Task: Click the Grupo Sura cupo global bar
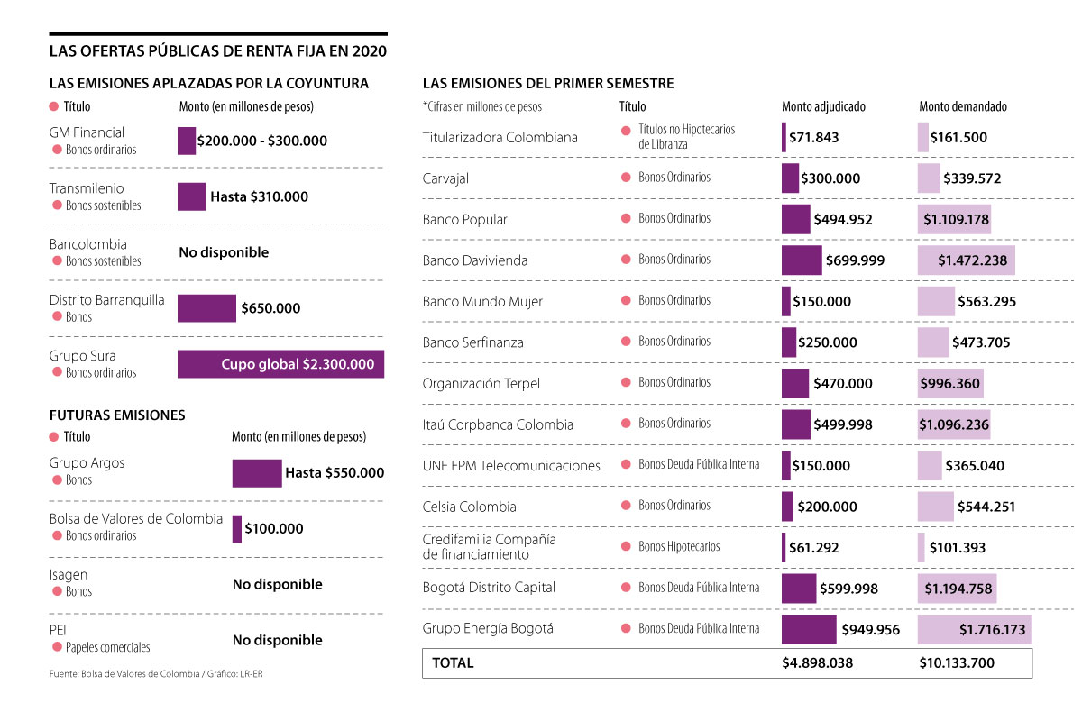click(280, 364)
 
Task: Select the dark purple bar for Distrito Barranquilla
click(206, 308)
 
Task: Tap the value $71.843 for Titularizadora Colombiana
click(814, 138)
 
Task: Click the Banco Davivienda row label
click(475, 260)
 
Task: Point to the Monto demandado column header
click(963, 106)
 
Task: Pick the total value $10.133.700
click(957, 663)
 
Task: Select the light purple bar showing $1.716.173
click(974, 630)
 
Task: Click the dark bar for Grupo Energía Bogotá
click(809, 629)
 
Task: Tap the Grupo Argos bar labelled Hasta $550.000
click(257, 473)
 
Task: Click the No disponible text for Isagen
click(277, 584)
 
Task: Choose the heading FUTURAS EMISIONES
click(117, 415)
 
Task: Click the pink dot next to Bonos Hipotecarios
click(626, 547)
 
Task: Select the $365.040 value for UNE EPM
click(974, 466)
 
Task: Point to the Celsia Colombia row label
click(469, 507)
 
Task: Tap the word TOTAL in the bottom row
click(453, 663)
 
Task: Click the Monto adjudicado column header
click(823, 106)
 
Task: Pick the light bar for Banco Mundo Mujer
click(936, 301)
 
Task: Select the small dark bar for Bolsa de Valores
click(237, 529)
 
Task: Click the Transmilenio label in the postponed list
click(87, 188)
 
